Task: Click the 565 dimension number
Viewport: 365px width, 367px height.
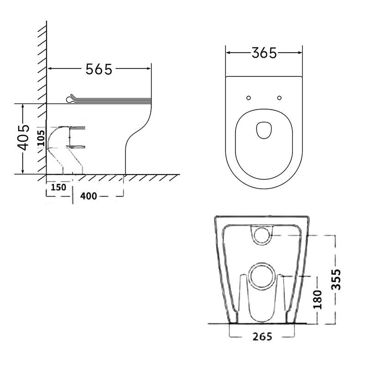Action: click(99, 69)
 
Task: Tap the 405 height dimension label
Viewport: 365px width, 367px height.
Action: click(24, 138)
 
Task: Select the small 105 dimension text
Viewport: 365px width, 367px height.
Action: click(41, 138)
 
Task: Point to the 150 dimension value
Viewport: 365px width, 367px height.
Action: click(58, 187)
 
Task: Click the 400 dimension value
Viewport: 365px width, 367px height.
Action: click(89, 196)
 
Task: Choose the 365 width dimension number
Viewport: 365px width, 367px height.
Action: click(264, 53)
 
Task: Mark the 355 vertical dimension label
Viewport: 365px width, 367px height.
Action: click(337, 279)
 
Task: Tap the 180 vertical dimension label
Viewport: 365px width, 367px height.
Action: click(318, 299)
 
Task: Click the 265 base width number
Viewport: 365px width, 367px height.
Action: click(262, 336)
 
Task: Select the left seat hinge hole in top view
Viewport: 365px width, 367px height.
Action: click(249, 98)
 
